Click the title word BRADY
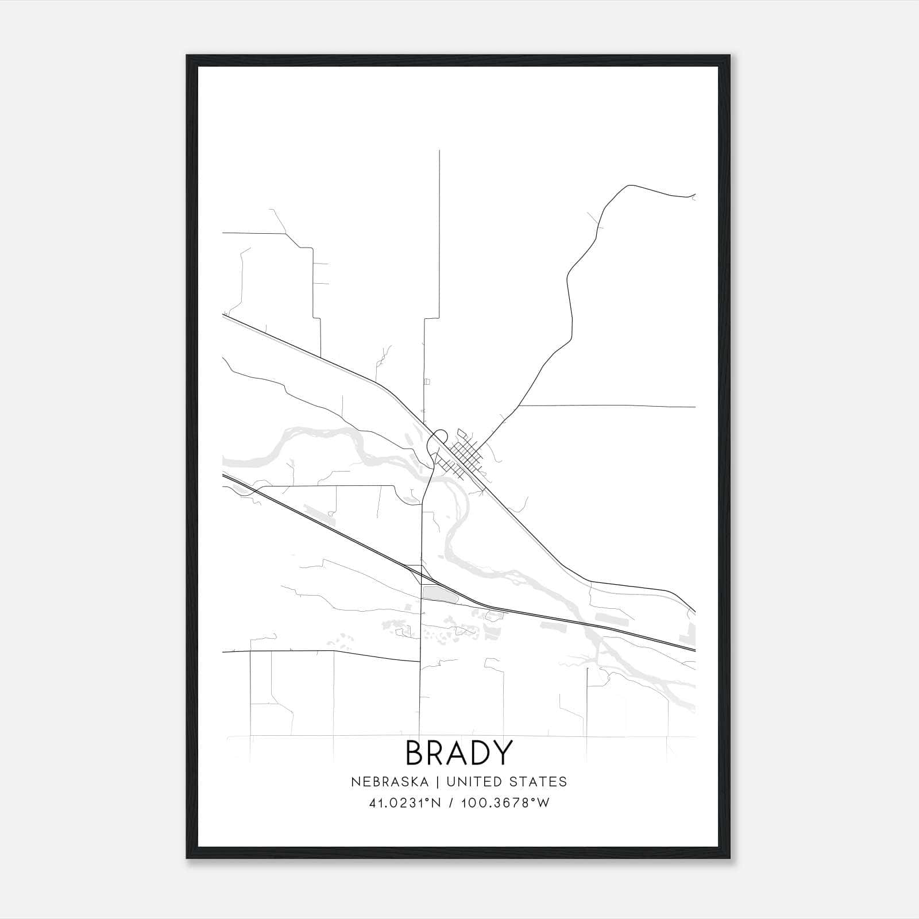pos(458,752)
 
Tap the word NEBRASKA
pos(389,782)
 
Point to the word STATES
pos(538,782)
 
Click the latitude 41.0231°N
pos(405,803)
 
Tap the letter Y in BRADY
pos(501,752)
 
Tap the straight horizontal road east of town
pos(609,406)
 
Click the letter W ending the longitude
pos(543,803)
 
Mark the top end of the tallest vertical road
pos(439,151)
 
